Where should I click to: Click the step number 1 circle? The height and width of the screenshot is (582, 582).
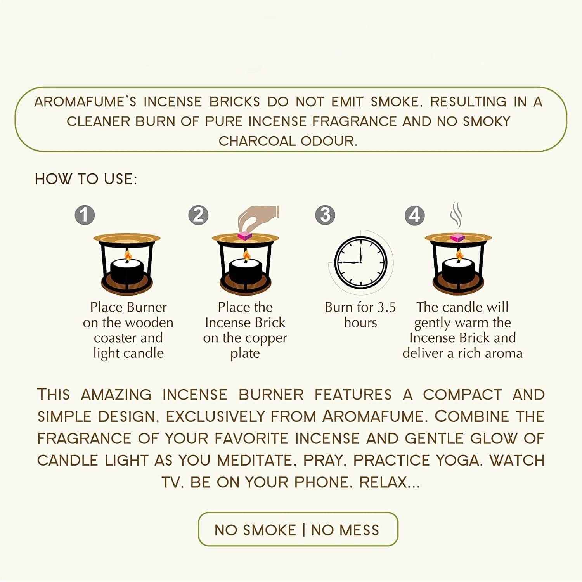[85, 215]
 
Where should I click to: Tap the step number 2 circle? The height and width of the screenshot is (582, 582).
[198, 215]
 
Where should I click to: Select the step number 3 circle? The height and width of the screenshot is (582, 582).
[325, 215]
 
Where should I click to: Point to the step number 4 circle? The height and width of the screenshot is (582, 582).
[415, 215]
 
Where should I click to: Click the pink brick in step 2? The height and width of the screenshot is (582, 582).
[245, 235]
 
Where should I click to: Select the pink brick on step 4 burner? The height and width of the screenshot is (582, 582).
[458, 237]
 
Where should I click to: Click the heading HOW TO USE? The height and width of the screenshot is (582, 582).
[86, 179]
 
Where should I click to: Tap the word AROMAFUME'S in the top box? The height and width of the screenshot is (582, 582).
[85, 102]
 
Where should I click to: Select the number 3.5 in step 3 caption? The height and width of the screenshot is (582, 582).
[386, 307]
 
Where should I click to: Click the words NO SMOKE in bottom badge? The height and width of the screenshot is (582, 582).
[255, 530]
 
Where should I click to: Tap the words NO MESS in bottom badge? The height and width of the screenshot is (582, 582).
[345, 530]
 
